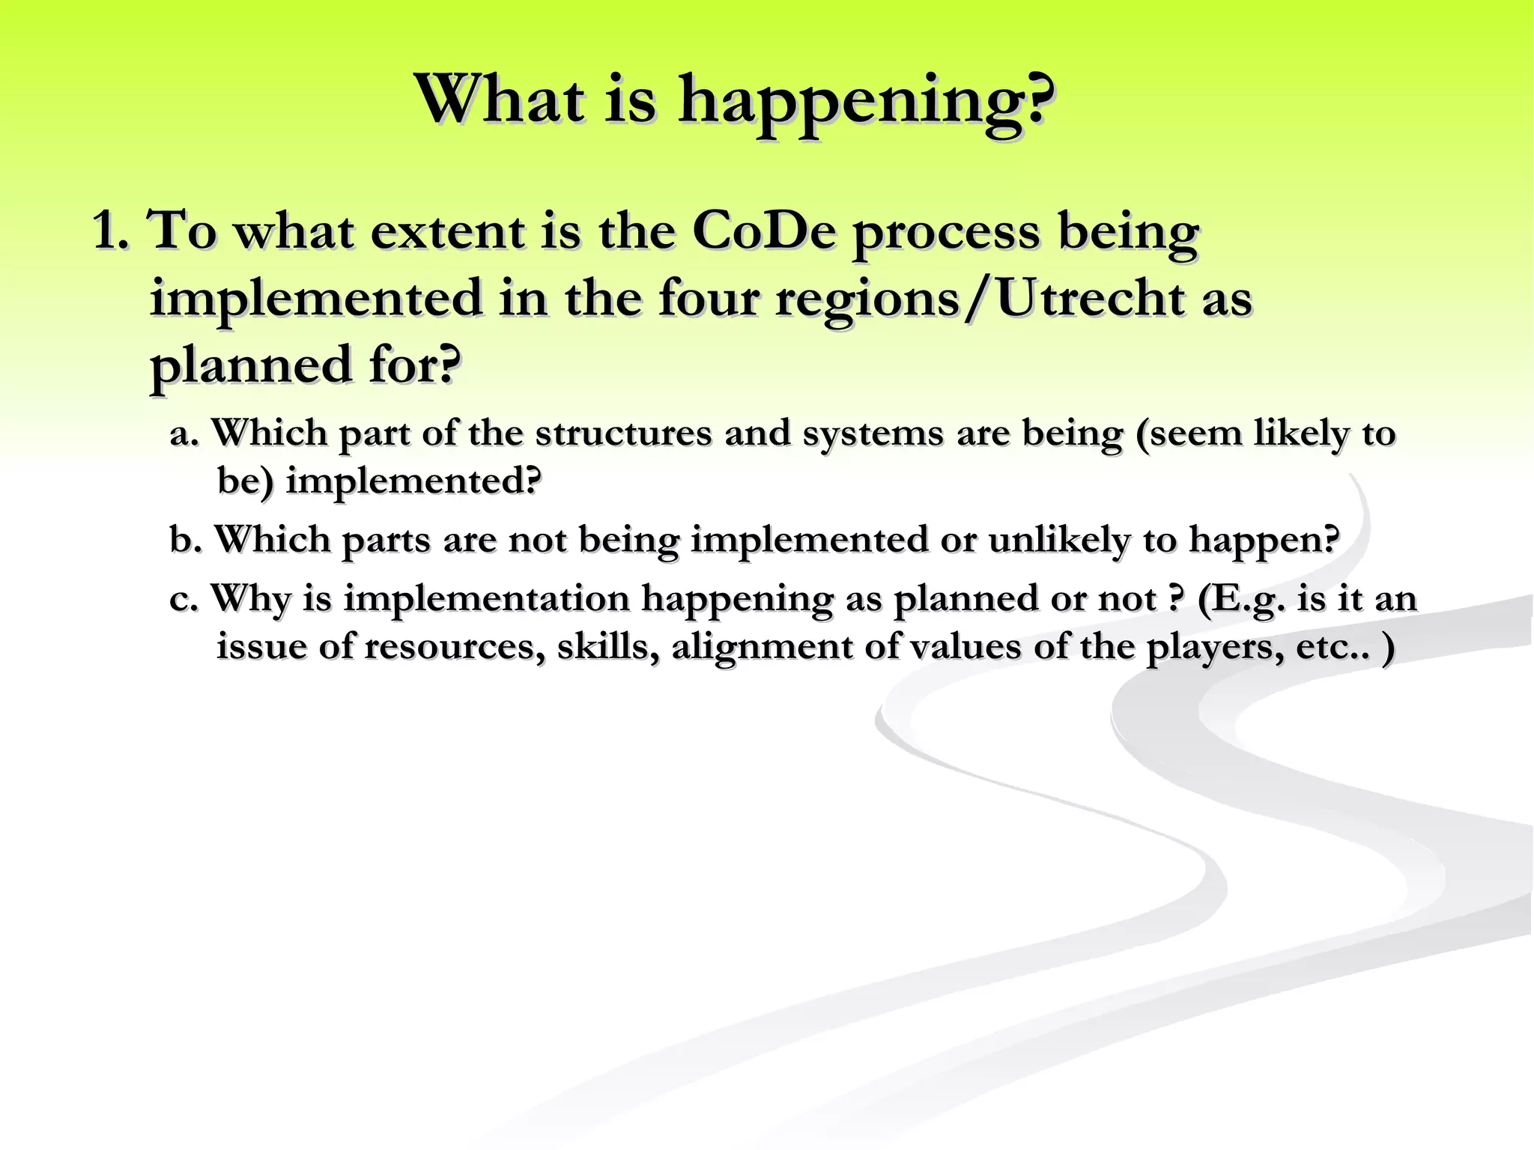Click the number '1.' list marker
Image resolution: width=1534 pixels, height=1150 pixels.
point(111,231)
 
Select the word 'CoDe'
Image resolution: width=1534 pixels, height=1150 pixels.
point(763,231)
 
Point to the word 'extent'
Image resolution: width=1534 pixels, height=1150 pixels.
point(447,231)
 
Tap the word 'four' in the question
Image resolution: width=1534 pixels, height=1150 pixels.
point(709,299)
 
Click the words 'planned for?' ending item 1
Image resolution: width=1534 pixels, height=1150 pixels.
point(305,365)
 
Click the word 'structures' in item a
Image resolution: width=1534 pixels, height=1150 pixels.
point(623,433)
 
